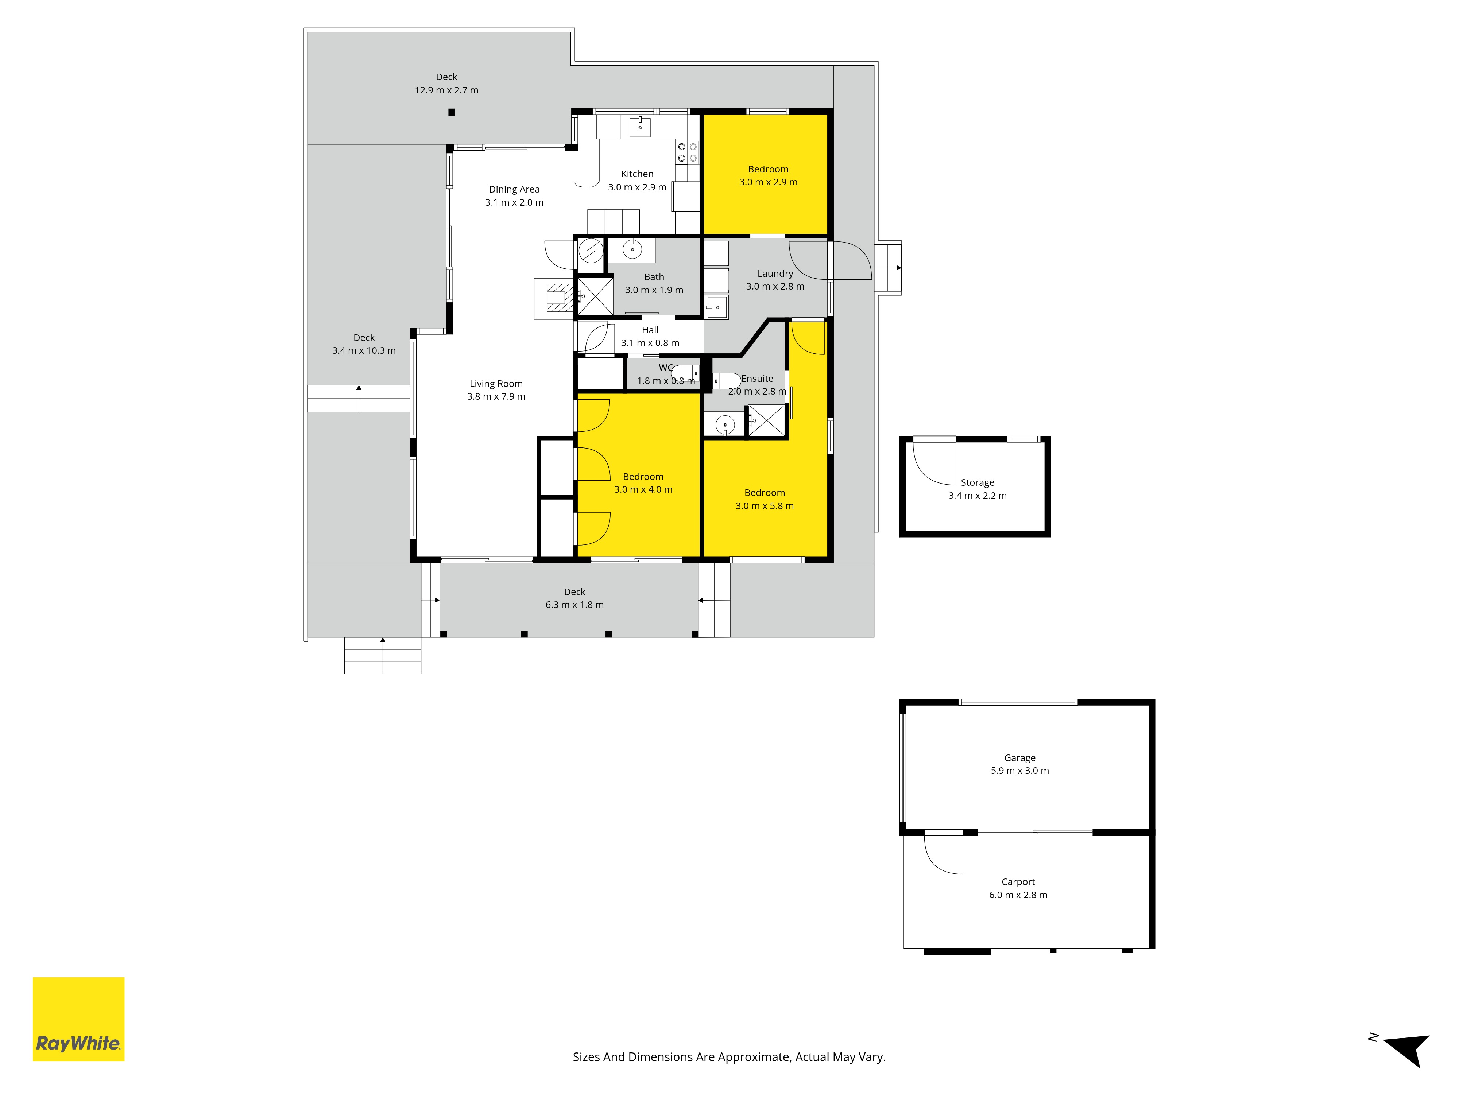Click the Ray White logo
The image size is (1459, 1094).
coord(78,1019)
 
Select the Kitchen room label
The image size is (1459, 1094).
coord(637,174)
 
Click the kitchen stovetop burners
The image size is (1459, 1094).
coord(686,152)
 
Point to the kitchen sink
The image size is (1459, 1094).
coord(640,126)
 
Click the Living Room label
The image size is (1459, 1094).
coord(496,384)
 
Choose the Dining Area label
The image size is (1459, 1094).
coord(514,189)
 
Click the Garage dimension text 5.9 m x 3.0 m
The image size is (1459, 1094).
coord(1020,771)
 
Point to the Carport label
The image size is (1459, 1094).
coord(1018,882)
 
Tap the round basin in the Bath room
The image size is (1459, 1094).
coord(632,249)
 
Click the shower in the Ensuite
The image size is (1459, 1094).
coord(766,420)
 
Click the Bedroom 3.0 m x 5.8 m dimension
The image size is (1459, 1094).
coord(765,506)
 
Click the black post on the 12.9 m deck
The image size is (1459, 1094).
coord(452,112)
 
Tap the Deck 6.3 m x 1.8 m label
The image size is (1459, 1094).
coord(574,598)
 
